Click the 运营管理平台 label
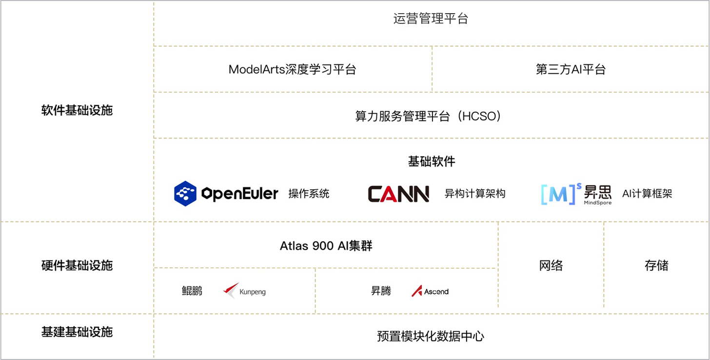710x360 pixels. tap(431, 19)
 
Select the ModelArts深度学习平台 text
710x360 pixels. tap(292, 69)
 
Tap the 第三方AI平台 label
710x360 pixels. tap(571, 69)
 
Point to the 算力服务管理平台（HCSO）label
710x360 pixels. tap(428, 116)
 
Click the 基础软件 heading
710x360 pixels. tap(432, 161)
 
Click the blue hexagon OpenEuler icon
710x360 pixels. tap(185, 194)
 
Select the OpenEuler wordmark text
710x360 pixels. tap(240, 194)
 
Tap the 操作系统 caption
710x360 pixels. tap(309, 194)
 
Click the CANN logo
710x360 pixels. tap(398, 194)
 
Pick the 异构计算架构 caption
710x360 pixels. tap(475, 194)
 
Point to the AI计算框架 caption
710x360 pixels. tap(647, 194)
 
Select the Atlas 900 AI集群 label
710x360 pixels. tap(326, 246)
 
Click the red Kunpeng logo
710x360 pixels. tap(231, 290)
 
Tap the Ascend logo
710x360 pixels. tap(430, 291)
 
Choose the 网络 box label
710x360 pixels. tap(551, 265)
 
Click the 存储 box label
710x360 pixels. tap(656, 265)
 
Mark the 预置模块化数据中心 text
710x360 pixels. tap(431, 336)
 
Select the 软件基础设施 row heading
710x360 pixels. tap(77, 110)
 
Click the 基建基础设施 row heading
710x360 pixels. tap(77, 332)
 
